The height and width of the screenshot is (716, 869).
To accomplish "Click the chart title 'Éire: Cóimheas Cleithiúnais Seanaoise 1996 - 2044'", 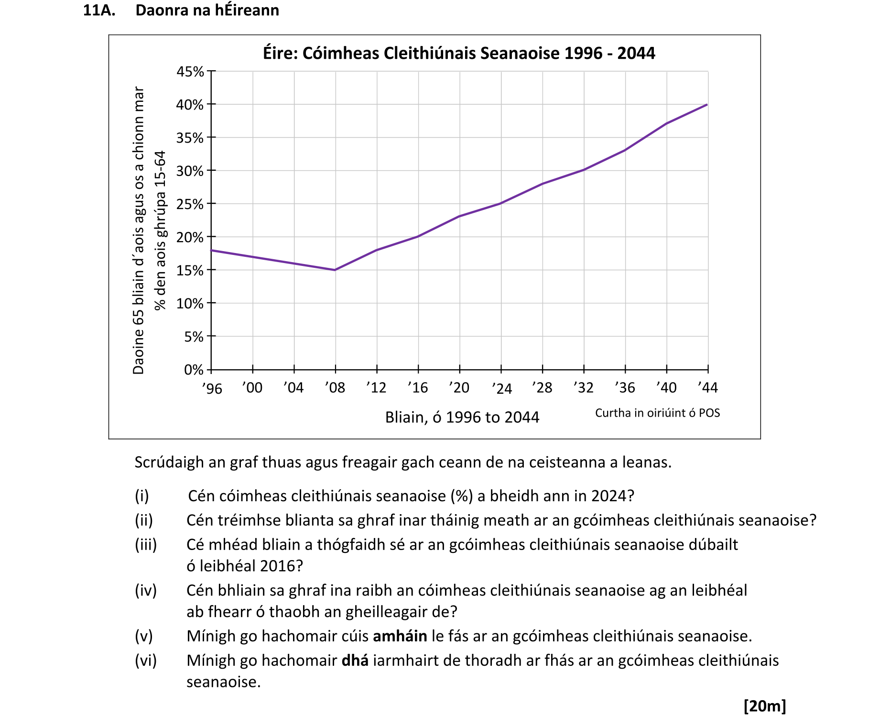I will pos(459,53).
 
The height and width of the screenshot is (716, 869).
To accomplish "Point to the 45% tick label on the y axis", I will pos(190,72).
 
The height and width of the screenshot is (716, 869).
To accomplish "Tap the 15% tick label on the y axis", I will pos(190,271).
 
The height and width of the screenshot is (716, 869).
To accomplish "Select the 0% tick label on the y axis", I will pos(194,370).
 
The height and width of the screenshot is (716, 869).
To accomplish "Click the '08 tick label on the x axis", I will pos(335,387).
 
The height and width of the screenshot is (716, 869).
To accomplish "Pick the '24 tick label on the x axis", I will pos(501,388).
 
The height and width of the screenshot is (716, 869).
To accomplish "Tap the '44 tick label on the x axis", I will pos(707,387).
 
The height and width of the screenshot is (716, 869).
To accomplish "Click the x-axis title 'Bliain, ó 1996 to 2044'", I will pos(462,418).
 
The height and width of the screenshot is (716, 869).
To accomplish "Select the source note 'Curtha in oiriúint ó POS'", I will pos(657,413).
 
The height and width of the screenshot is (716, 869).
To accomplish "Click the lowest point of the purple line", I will pos(335,270).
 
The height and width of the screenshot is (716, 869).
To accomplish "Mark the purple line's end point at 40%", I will pos(707,105).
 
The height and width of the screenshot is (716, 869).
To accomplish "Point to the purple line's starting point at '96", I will pos(211,250).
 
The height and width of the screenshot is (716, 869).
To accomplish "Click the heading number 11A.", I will pos(99,10).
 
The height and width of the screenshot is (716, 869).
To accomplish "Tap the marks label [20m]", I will pos(765,706).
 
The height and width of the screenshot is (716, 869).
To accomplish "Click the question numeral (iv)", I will pos(145,591).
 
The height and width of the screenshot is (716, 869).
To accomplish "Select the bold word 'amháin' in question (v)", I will pos(400,636).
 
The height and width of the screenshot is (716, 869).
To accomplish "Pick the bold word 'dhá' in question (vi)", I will pos(355,661).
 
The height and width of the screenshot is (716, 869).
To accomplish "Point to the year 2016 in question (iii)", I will pos(274,566).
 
